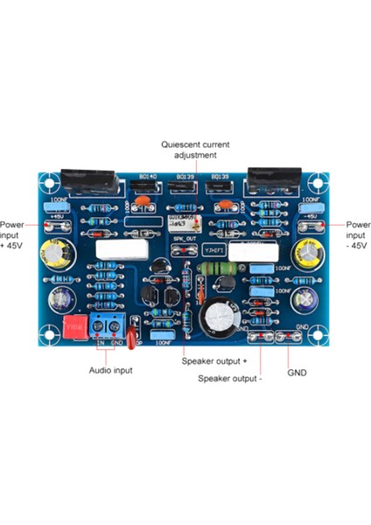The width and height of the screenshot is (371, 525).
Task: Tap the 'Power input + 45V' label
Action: click(x=12, y=235)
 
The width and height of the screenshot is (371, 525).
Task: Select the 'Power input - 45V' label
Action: click(x=359, y=235)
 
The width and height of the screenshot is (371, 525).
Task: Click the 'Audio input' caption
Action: click(x=111, y=370)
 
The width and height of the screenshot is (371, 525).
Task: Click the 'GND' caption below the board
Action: click(x=297, y=371)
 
